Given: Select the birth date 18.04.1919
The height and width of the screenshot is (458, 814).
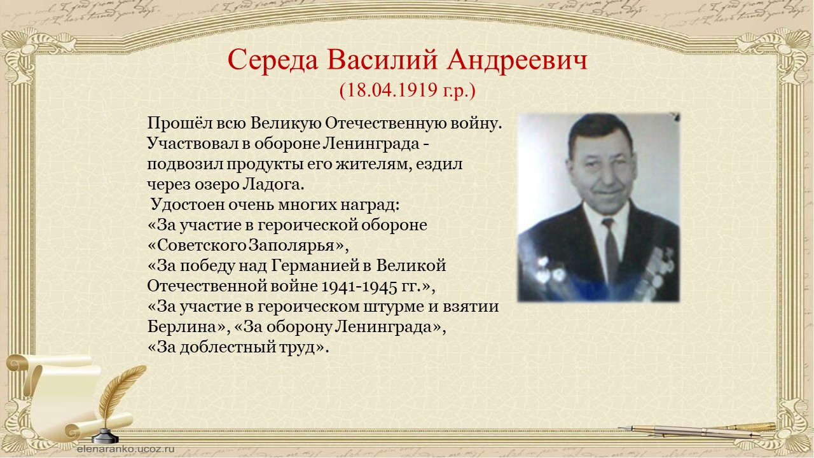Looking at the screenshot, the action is click(x=392, y=90).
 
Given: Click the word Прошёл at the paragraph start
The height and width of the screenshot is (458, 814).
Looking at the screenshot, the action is click(x=179, y=123).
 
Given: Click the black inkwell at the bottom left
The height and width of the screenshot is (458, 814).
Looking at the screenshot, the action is click(x=105, y=436).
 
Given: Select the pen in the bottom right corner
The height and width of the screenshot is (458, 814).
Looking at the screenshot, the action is click(x=697, y=431).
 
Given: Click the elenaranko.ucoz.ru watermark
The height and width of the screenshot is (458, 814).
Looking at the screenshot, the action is click(x=126, y=449).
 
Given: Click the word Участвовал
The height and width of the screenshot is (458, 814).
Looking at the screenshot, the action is click(x=193, y=144).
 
